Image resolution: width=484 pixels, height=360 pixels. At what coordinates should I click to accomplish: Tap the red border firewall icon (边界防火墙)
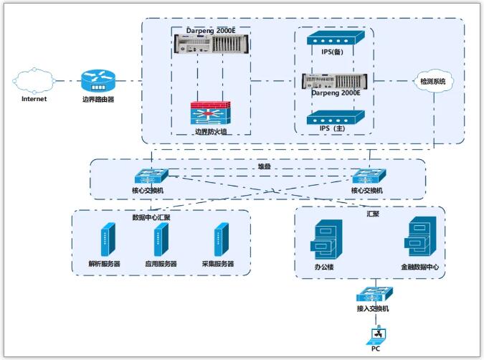coord(209,114)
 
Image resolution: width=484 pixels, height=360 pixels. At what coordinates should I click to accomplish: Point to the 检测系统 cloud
coord(432,81)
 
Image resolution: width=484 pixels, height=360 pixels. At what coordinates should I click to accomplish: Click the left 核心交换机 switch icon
coord(150,176)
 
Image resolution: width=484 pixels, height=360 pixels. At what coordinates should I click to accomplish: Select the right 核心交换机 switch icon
coord(369,176)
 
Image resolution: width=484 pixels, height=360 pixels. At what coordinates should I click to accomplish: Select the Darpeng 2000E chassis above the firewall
coord(209,45)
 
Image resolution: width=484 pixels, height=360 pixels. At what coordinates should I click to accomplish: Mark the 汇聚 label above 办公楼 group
coord(373,214)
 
